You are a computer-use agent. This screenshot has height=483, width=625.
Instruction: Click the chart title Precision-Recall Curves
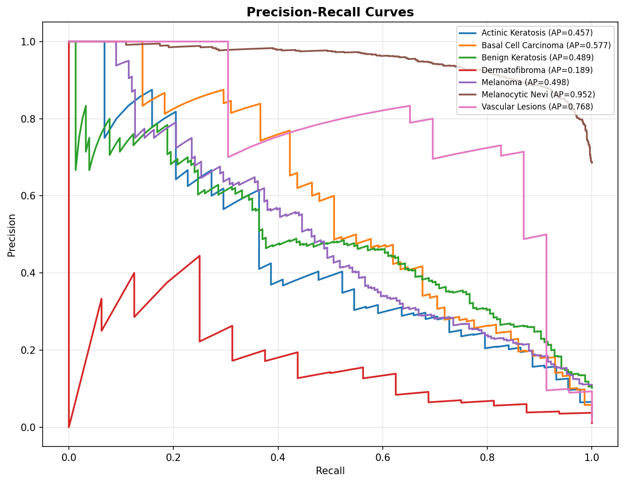(330, 12)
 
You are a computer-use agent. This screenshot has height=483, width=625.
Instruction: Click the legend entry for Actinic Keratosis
(537, 33)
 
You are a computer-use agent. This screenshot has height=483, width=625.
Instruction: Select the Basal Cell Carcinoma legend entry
(546, 45)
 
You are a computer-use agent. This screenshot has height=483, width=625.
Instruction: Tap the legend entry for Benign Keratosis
(537, 58)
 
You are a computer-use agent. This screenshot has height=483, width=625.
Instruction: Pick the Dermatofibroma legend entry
(537, 70)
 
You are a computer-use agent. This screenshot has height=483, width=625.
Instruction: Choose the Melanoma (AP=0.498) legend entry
(525, 82)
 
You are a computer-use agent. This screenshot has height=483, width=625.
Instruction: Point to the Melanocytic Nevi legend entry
(538, 95)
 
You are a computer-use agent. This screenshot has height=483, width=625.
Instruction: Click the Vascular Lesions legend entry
(537, 107)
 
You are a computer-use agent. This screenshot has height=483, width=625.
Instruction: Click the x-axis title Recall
(330, 471)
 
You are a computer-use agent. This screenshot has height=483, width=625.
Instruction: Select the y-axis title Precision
(12, 235)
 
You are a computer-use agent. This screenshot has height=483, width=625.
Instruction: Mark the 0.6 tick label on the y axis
(29, 196)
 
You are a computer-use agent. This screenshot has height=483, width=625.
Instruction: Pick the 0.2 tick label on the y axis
(29, 350)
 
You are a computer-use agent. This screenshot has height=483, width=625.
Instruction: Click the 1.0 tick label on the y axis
(29, 42)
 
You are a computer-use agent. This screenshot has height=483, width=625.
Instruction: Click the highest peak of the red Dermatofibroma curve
(200, 256)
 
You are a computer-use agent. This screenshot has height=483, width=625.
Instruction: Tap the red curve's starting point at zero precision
(69, 427)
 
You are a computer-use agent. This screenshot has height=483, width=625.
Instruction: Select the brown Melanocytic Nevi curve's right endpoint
(592, 163)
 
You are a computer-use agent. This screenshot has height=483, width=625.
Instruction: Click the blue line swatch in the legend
(468, 33)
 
